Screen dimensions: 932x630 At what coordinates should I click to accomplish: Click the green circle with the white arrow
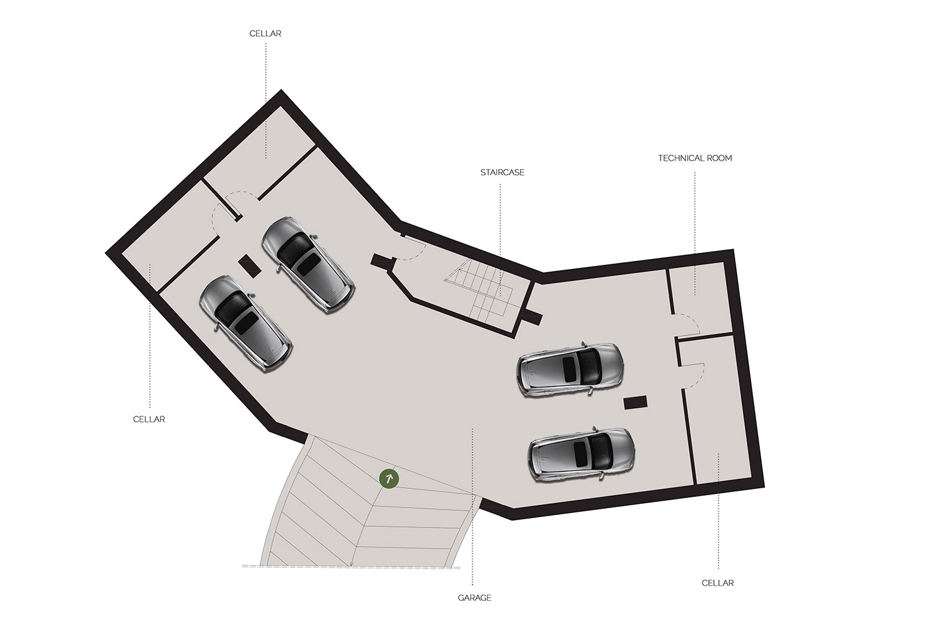[389, 479]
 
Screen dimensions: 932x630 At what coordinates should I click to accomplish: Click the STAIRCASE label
[502, 172]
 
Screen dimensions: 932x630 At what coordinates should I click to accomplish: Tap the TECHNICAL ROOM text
[695, 158]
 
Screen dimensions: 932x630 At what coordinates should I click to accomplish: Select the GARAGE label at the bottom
[474, 598]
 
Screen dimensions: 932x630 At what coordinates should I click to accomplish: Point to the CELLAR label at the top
[265, 34]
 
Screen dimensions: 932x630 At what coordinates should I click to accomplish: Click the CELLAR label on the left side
[149, 419]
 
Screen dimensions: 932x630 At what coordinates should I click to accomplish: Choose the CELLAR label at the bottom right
[718, 583]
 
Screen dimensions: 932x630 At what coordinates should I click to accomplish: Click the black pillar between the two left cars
[250, 265]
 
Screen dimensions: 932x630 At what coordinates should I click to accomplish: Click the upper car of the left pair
[308, 265]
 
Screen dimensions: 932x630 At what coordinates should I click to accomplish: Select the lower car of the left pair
[246, 324]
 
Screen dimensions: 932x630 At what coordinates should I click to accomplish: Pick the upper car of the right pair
[570, 370]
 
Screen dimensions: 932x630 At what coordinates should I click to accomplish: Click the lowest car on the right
[581, 454]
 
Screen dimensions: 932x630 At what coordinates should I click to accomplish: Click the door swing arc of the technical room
[687, 324]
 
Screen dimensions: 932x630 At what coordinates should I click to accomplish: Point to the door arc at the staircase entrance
[412, 250]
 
